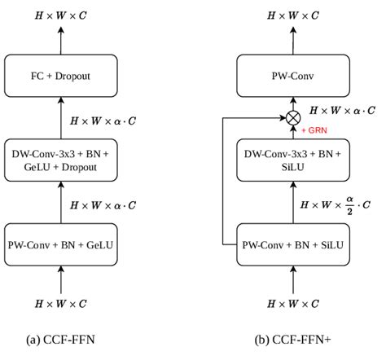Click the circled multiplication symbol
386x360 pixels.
click(292, 117)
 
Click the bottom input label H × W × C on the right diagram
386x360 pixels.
click(292, 304)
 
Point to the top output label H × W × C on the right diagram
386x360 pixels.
click(292, 14)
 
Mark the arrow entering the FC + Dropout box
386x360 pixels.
click(63, 114)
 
